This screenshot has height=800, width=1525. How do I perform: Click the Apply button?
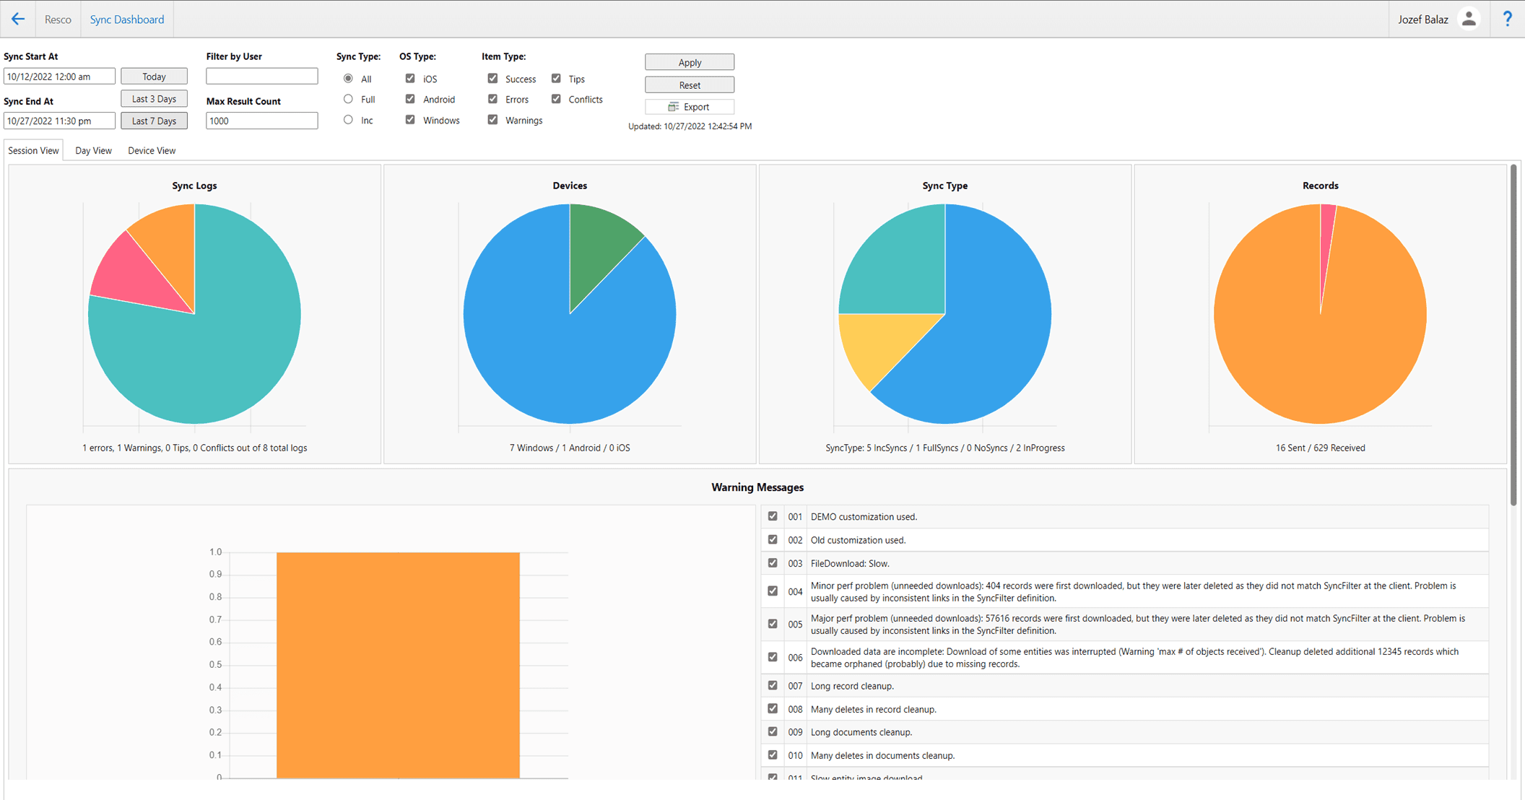pos(689,63)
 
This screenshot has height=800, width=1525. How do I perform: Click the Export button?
pos(689,107)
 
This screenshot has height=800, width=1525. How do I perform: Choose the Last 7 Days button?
pos(154,121)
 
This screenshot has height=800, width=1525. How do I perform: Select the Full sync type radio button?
pos(349,99)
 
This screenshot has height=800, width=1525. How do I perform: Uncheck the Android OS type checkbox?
pos(410,99)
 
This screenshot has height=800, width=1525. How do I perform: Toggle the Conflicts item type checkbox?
pos(556,99)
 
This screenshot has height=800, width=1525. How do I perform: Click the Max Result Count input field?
pos(261,121)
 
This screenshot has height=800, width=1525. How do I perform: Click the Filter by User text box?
pos(261,77)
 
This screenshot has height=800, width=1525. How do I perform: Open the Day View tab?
pos(93,151)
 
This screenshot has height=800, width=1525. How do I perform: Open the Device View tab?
pos(152,151)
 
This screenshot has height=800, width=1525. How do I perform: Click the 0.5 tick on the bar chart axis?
pos(215,665)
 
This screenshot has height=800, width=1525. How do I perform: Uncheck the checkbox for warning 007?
pos(773,685)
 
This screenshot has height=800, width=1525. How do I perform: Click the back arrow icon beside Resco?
pos(18,19)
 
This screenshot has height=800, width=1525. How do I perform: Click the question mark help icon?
pos(1508,19)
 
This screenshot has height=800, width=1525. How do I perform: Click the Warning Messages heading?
pos(757,487)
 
